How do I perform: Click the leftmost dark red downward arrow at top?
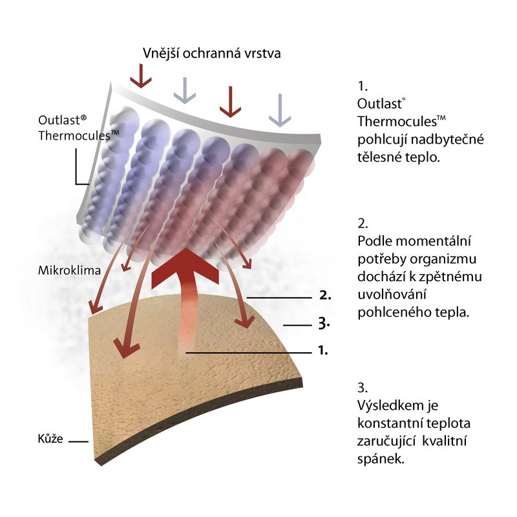pos(140,77)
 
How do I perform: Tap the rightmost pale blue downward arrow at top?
pos(279,109)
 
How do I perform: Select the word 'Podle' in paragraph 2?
pos(374,241)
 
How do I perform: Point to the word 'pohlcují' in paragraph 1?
pos(381,139)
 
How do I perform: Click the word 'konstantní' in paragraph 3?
pos(390,423)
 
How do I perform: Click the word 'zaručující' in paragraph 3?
pos(385,441)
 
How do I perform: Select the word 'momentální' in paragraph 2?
pos(441,241)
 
